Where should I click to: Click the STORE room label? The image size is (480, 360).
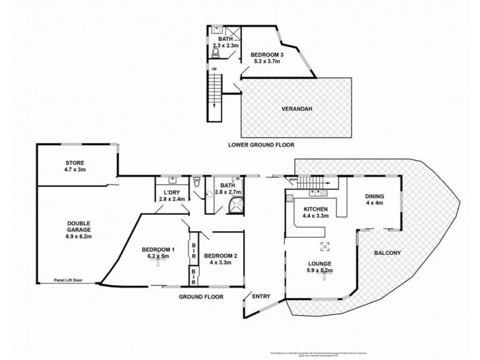[x=76, y=162]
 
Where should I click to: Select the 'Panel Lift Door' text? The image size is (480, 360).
[x=67, y=280]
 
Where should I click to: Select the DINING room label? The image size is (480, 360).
[x=374, y=196]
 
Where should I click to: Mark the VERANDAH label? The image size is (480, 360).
[x=299, y=109]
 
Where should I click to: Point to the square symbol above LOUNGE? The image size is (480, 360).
[x=325, y=245]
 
